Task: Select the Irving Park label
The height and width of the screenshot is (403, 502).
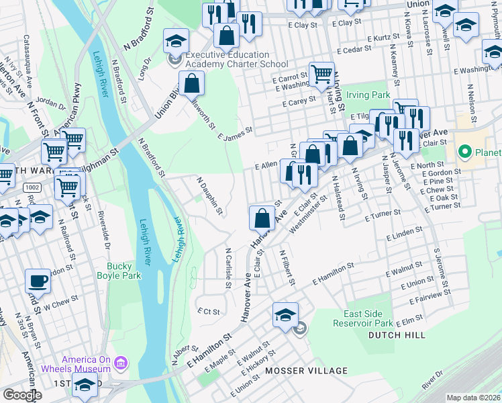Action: coord(372,96)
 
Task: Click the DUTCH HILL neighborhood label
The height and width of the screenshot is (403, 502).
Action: coord(390,334)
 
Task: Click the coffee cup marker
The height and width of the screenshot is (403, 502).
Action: coord(38,281)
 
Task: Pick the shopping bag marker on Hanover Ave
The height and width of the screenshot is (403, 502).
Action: coord(262,218)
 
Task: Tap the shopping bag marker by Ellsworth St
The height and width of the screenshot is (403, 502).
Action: coord(192,84)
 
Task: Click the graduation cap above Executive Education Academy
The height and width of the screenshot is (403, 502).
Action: coord(176,41)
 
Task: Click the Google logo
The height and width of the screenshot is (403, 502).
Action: coord(22,395)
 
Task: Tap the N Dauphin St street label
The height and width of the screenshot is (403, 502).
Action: coord(209,196)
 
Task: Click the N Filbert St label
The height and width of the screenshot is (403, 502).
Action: coord(287,266)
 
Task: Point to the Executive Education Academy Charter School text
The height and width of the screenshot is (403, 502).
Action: coord(228,59)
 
